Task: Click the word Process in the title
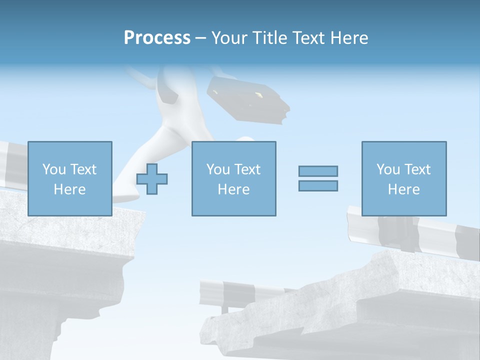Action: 157,38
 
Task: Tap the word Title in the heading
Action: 269,38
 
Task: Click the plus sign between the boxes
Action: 152,178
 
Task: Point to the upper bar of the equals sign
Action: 318,171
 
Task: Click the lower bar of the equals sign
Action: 318,185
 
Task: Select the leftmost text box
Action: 70,178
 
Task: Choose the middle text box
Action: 233,178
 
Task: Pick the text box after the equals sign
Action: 404,178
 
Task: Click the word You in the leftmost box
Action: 53,169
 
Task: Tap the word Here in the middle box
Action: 233,189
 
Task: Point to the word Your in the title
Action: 229,38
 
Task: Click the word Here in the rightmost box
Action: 404,189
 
